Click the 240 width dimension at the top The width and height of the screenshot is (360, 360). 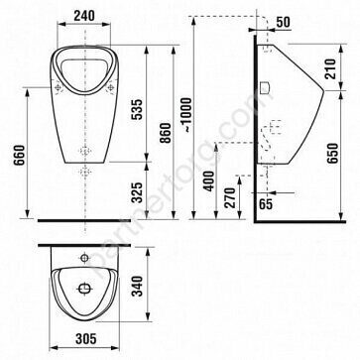(x=84, y=15)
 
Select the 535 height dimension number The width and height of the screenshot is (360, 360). (x=138, y=109)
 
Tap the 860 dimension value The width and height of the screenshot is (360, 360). (x=166, y=133)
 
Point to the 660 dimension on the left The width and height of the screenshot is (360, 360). (x=19, y=155)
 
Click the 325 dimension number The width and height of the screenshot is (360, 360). (x=138, y=192)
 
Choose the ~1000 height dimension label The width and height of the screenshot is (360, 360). (x=187, y=115)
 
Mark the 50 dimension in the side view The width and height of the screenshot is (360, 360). (x=283, y=22)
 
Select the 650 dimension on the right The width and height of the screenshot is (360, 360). (x=332, y=154)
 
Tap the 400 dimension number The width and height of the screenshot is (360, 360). (x=208, y=180)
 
